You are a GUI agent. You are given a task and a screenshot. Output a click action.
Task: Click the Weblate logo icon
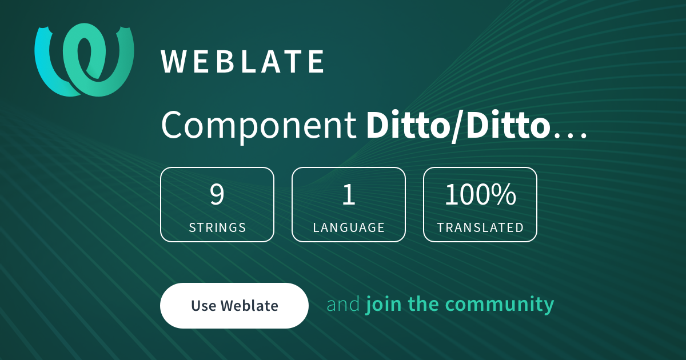84,60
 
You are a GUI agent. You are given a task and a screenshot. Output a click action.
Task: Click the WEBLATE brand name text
243,62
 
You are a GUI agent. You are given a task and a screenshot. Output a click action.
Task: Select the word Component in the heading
258,125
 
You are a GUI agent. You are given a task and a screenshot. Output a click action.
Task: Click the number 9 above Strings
217,195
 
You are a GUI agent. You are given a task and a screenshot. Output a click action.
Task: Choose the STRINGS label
217,227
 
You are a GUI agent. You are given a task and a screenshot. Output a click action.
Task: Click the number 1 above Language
349,195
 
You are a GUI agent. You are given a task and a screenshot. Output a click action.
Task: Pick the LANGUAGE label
349,227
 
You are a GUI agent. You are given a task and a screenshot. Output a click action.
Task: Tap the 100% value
480,195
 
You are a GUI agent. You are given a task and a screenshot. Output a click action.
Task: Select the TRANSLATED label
480,227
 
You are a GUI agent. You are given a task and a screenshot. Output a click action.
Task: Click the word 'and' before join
343,305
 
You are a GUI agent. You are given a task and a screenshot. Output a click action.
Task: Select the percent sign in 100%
504,195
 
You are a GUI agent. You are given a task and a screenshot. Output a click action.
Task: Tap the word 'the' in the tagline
424,305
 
